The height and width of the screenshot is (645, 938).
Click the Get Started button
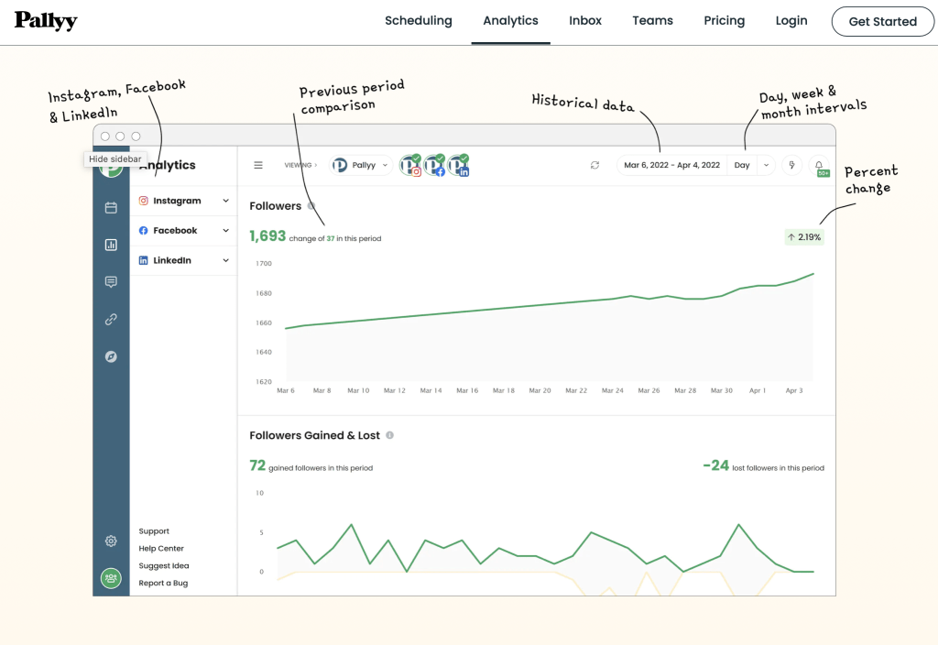[x=882, y=21]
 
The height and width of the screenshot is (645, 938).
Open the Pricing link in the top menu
[x=724, y=20]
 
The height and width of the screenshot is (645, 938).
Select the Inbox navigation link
[x=585, y=20]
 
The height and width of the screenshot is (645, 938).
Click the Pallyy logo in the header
[x=46, y=21]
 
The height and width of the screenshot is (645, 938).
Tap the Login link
[x=791, y=20]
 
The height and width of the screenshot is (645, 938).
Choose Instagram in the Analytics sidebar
[x=177, y=201]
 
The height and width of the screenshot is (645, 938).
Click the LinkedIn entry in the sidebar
[x=172, y=260]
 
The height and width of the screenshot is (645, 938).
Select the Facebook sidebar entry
[x=175, y=231]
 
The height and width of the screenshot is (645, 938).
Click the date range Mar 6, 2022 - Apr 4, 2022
[x=671, y=165]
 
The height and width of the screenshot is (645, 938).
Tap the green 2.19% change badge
[x=803, y=237]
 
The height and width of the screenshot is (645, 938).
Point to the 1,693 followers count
[x=267, y=236]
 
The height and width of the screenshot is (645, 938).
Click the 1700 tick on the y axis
[x=264, y=264]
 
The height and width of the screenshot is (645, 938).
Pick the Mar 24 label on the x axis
[x=612, y=390]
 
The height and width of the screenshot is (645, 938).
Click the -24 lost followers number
[x=715, y=466]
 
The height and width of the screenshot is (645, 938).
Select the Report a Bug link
[x=163, y=583]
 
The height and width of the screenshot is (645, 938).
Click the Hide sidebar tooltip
[x=115, y=159]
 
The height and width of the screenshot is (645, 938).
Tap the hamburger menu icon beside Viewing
[x=258, y=165]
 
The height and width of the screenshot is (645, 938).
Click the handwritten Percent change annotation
[x=871, y=180]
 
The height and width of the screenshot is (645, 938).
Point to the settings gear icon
[x=111, y=541]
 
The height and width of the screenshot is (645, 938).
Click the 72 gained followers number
[x=257, y=466]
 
